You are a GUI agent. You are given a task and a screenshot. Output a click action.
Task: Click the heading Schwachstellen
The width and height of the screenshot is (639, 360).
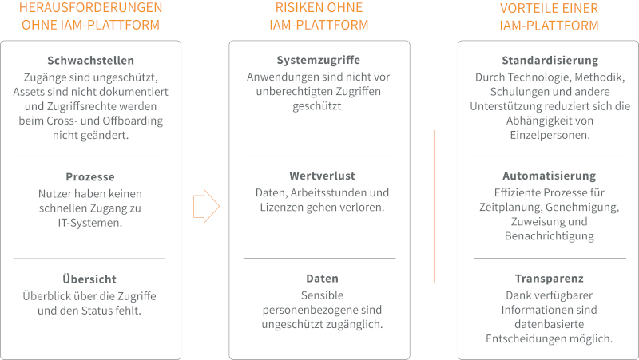90,61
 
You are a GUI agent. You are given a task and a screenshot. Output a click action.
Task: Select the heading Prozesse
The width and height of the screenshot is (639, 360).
90,176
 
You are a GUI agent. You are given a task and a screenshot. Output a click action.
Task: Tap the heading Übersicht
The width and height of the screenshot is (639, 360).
89,279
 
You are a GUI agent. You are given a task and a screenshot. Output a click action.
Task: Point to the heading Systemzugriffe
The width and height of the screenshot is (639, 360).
319,61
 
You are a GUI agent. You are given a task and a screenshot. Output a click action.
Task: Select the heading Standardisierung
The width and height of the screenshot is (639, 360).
550,61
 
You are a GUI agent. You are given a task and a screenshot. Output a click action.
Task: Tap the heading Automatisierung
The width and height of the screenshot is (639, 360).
550,176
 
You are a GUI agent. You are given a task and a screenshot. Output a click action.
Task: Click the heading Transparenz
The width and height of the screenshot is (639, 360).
550,279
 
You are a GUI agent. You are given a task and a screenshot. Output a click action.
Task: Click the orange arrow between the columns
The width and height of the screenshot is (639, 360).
205,206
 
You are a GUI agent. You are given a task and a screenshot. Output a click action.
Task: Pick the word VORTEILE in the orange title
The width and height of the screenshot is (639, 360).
526,8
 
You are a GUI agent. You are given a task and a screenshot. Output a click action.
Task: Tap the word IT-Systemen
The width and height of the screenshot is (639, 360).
90,224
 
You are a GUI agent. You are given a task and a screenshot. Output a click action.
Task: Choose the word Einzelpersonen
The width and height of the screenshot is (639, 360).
550,136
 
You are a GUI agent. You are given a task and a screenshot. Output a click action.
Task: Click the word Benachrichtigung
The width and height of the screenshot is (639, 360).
550,236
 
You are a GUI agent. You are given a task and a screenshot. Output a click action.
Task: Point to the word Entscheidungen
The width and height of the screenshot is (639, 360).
524,339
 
